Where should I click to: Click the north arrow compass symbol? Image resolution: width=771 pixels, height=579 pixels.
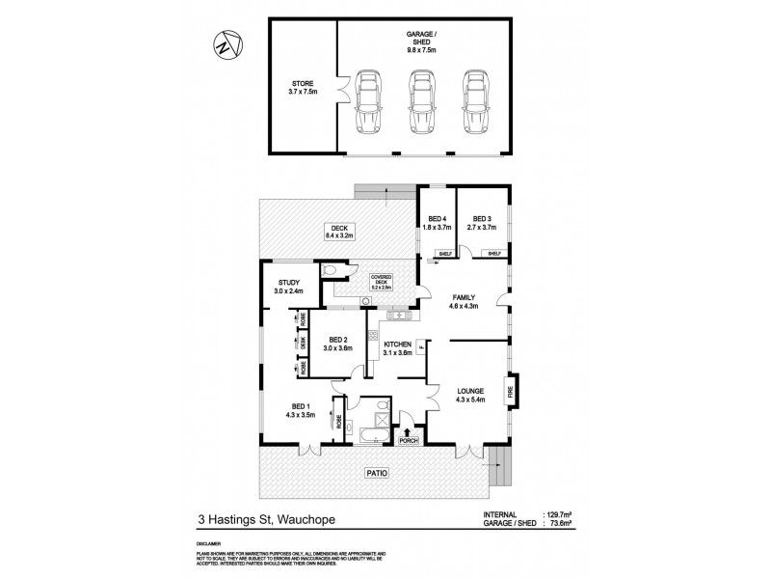[224, 42]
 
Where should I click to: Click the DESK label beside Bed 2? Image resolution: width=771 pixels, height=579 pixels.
[302, 342]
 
